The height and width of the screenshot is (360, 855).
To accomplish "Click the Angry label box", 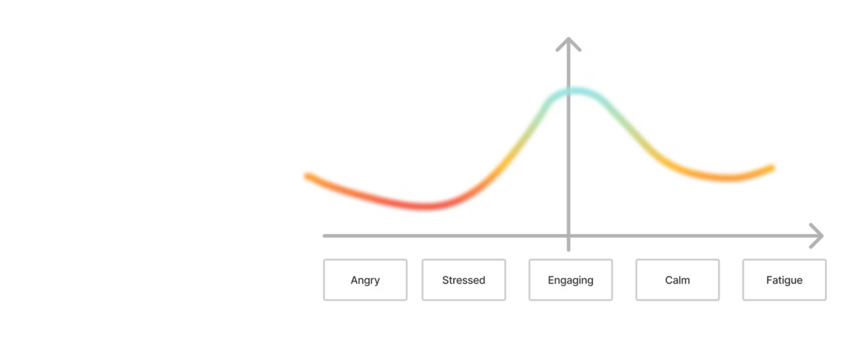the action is (x=366, y=280).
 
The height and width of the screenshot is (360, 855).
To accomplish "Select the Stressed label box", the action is (x=464, y=280).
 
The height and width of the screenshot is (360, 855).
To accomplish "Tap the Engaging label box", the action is (x=571, y=280).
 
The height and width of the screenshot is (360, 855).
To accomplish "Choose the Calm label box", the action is (x=678, y=280).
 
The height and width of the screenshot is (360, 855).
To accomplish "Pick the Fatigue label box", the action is (x=784, y=280).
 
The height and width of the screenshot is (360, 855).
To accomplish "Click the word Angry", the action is (x=366, y=281).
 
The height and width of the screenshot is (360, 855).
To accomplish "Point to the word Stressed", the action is (x=464, y=280).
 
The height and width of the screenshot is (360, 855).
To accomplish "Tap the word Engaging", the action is (x=571, y=281).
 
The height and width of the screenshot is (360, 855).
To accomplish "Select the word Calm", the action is (x=678, y=280).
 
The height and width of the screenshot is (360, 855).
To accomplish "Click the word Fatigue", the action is (x=784, y=281).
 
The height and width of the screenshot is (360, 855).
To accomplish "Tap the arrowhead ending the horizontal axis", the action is (x=819, y=236).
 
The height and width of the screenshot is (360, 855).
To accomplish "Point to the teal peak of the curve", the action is (x=576, y=91).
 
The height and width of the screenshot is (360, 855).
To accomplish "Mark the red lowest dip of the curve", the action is (x=425, y=206).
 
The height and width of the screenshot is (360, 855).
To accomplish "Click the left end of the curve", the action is (x=307, y=176).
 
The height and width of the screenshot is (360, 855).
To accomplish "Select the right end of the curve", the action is (x=772, y=168).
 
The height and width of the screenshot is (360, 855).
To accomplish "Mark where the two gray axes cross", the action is (x=569, y=236).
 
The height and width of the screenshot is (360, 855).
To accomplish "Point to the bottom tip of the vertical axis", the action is (x=569, y=250).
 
